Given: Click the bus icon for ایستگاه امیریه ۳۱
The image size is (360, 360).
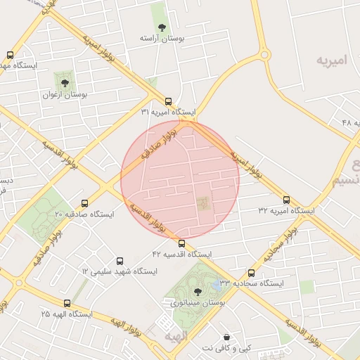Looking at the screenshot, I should (168, 101).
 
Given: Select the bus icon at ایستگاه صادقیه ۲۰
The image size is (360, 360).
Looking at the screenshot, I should (85, 203).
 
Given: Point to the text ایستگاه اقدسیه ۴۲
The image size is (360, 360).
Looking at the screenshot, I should (181, 254).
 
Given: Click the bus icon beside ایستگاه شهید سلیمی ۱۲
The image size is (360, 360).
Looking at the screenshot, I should (120, 261).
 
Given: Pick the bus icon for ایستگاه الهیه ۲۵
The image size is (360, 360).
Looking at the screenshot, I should (67, 303).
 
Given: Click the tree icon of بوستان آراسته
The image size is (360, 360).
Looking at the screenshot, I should (162, 28).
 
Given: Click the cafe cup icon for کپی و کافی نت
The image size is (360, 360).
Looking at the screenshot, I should (226, 337).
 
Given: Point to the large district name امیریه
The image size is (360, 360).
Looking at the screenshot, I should (331, 60).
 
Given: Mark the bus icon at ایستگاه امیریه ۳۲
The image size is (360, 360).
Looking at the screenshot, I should (286, 200).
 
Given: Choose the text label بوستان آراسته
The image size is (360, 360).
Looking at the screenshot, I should (162, 39).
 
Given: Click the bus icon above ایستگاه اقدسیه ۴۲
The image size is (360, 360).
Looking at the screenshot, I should (181, 243).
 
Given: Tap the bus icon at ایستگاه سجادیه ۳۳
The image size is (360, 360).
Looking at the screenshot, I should (251, 273).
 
